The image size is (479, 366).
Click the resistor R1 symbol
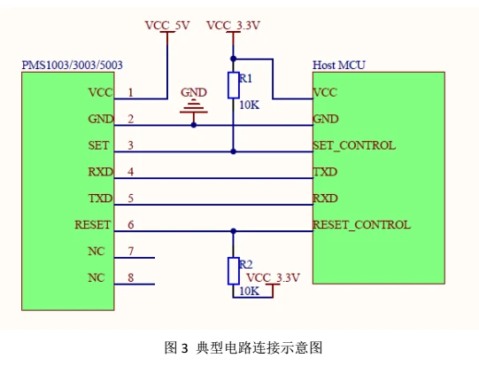pyautogui.click(x=233, y=85)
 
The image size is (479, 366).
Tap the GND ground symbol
pyautogui.click(x=194, y=108)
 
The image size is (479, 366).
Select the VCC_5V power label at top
pyautogui.click(x=167, y=26)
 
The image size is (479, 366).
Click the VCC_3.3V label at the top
pyautogui.click(x=233, y=26)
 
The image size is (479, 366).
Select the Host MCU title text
pyautogui.click(x=339, y=66)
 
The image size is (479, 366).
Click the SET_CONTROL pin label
pyautogui.click(x=354, y=144)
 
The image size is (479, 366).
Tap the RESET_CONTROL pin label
pyautogui.click(x=361, y=224)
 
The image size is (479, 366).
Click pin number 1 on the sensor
pyautogui.click(x=131, y=91)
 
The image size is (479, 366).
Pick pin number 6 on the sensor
pyautogui.click(x=131, y=224)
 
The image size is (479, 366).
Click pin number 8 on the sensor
pyautogui.click(x=131, y=277)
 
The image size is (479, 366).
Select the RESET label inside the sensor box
pyautogui.click(x=93, y=225)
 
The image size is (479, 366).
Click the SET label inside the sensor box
pyautogui.click(x=99, y=145)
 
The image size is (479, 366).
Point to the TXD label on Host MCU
pyautogui.click(x=325, y=171)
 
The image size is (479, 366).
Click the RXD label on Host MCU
pyautogui.click(x=325, y=198)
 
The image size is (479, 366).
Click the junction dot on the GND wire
pyautogui.click(x=194, y=125)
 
